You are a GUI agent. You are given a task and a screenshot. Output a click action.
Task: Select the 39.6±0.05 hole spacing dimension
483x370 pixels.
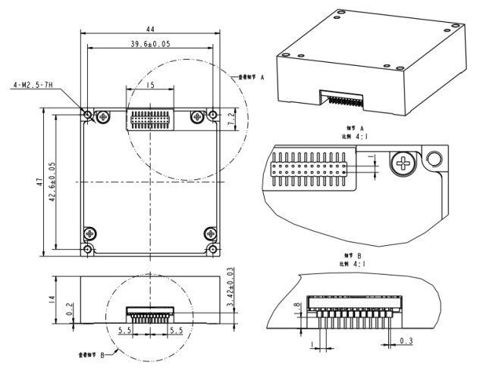coord(150,44)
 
